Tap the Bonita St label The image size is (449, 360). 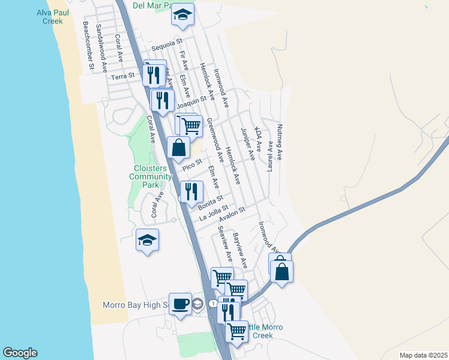210,202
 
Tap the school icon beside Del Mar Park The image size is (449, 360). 182,16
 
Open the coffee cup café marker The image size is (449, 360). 180,304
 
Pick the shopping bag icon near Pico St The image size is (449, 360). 179,147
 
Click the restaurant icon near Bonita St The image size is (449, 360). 191,192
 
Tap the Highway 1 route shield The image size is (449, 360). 212,304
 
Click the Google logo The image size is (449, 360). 20,353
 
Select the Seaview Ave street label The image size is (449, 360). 226,244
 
